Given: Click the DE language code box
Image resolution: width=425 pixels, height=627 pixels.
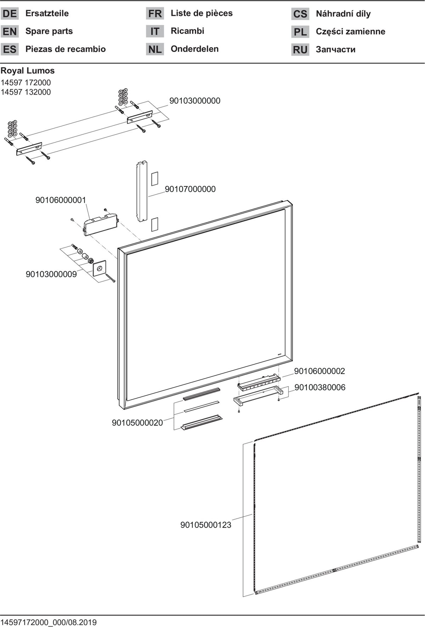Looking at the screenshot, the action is pyautogui.click(x=10, y=14).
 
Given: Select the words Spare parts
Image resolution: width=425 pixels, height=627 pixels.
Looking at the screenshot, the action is pyautogui.click(x=49, y=31).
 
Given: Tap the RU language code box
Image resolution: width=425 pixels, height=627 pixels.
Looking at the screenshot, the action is pyautogui.click(x=300, y=50).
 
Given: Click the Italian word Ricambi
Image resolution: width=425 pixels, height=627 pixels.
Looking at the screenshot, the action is pyautogui.click(x=187, y=31).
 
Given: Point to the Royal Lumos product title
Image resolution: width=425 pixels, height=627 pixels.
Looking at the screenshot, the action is pyautogui.click(x=28, y=70).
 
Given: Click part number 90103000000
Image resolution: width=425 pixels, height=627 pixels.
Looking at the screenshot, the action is pyautogui.click(x=195, y=101).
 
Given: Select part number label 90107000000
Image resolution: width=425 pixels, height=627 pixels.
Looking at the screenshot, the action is pyautogui.click(x=190, y=189).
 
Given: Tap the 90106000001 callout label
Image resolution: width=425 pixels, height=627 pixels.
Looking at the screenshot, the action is pyautogui.click(x=61, y=200).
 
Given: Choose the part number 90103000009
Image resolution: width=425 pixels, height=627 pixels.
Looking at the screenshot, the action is pyautogui.click(x=51, y=274).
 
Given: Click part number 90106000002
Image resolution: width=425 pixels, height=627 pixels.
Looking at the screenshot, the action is pyautogui.click(x=319, y=371).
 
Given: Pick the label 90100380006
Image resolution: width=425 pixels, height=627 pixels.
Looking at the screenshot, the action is pyautogui.click(x=320, y=387).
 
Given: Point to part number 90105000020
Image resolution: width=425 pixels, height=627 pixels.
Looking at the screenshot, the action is pyautogui.click(x=137, y=422).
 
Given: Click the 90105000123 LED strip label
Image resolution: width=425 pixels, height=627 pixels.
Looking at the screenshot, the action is pyautogui.click(x=206, y=525).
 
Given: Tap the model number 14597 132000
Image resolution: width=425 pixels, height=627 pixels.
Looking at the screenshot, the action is pyautogui.click(x=26, y=92).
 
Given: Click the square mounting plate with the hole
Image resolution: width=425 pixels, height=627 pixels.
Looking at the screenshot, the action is pyautogui.click(x=100, y=268).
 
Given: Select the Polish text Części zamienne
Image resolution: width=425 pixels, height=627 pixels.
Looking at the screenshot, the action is pyautogui.click(x=351, y=32).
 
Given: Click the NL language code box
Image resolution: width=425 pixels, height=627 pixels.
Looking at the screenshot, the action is pyautogui.click(x=155, y=49).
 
